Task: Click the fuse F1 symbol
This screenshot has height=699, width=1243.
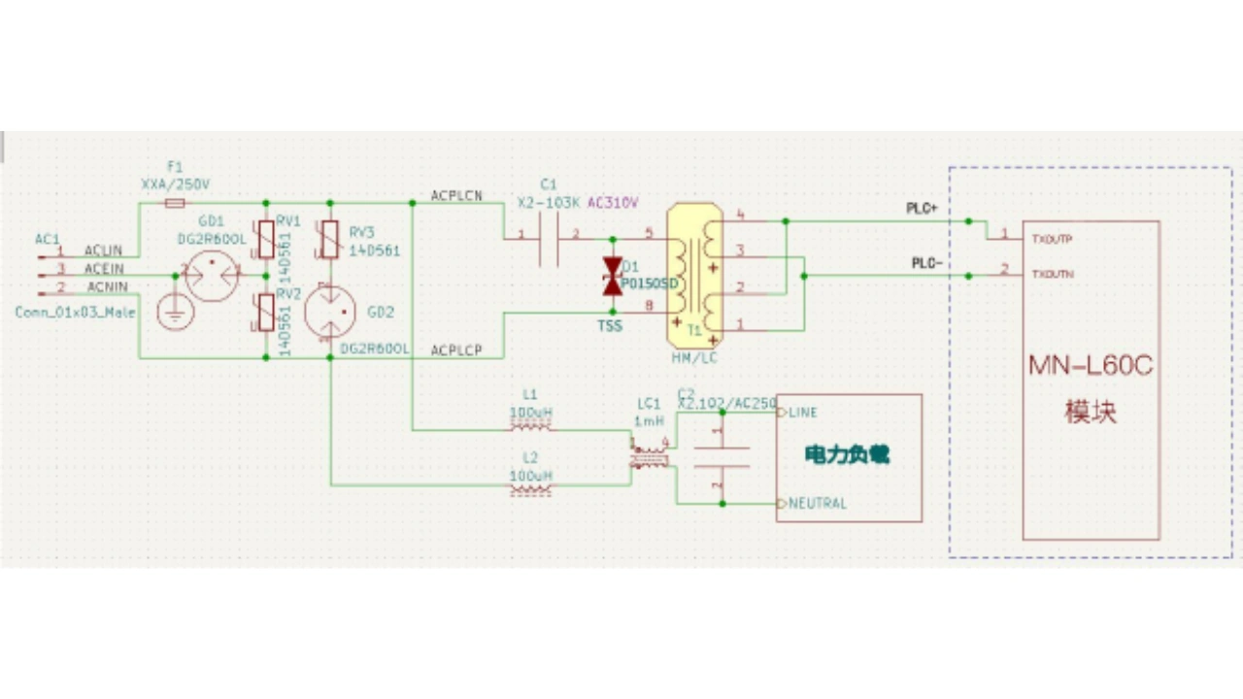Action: (x=175, y=203)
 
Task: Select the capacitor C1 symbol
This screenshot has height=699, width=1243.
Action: (x=549, y=238)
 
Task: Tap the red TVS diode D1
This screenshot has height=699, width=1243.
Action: (x=612, y=276)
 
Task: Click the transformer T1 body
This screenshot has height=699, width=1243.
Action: (x=694, y=276)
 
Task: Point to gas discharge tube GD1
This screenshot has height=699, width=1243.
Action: (x=212, y=276)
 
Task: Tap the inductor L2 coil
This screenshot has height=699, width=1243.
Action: (x=530, y=489)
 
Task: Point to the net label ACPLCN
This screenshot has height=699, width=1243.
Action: (x=456, y=196)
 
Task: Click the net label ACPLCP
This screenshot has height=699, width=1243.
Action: (x=456, y=349)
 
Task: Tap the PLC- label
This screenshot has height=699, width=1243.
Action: (x=926, y=263)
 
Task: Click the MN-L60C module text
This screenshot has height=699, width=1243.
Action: (x=1091, y=367)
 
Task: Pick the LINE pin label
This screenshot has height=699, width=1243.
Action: (x=802, y=413)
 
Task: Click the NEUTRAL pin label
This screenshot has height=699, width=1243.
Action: (x=817, y=503)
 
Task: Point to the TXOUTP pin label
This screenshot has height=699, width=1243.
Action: (x=1052, y=239)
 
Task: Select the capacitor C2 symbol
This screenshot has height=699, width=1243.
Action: (x=722, y=457)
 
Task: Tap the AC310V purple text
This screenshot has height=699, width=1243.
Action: (x=613, y=203)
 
